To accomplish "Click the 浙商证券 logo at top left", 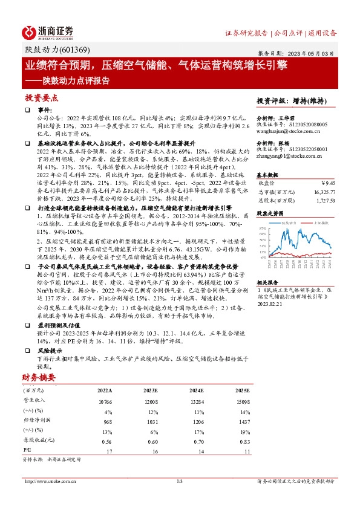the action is tap(48, 32).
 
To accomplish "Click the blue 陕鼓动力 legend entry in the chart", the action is tap(290, 222).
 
